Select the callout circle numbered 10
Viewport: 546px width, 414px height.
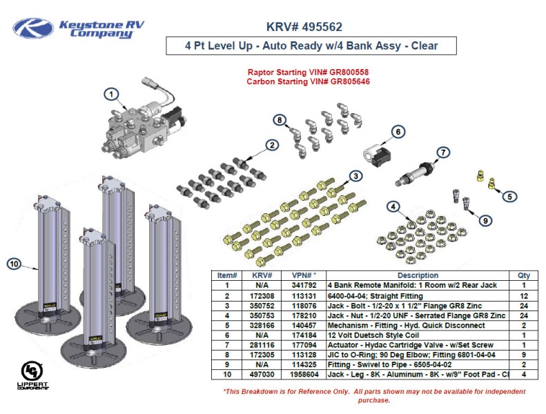14,263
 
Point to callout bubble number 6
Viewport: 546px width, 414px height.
398,132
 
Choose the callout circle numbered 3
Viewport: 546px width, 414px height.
355,177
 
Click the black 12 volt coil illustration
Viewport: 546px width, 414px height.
377,155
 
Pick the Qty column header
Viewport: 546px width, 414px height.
524,275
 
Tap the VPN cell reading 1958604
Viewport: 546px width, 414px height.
304,375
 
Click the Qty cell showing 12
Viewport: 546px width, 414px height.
524,295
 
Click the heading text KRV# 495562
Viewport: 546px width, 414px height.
304,28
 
